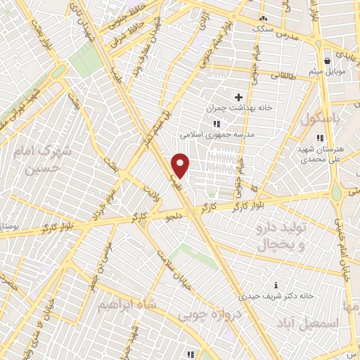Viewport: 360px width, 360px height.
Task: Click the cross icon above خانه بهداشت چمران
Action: click(x=238, y=96)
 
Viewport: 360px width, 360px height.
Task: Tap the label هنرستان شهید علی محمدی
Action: click(x=320, y=155)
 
